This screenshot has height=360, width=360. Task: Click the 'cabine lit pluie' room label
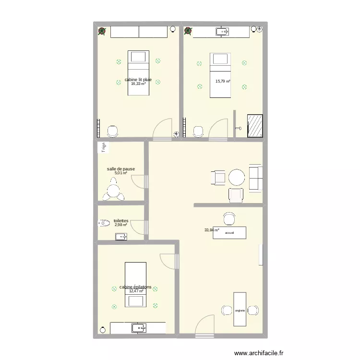[x=138, y=80]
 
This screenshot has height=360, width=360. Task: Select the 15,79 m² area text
[x=223, y=82]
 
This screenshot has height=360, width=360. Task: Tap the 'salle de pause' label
[x=120, y=169]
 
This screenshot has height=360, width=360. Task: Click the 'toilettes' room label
[x=120, y=221]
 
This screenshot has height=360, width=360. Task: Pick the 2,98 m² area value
[x=120, y=225]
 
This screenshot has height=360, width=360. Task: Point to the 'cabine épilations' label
[x=136, y=287]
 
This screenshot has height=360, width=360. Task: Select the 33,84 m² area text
[x=212, y=230]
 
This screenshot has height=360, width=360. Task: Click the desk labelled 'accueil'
[x=229, y=232]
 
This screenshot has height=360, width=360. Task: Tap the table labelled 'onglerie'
[x=240, y=310]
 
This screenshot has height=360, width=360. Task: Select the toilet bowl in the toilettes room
[x=104, y=223]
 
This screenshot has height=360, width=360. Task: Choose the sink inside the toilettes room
[x=121, y=236]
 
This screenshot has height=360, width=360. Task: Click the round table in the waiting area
[x=237, y=178]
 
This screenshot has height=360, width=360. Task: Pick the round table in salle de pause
[x=112, y=191]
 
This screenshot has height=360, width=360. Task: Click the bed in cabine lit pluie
[x=138, y=73]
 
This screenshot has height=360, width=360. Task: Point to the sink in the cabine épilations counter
[x=138, y=328]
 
